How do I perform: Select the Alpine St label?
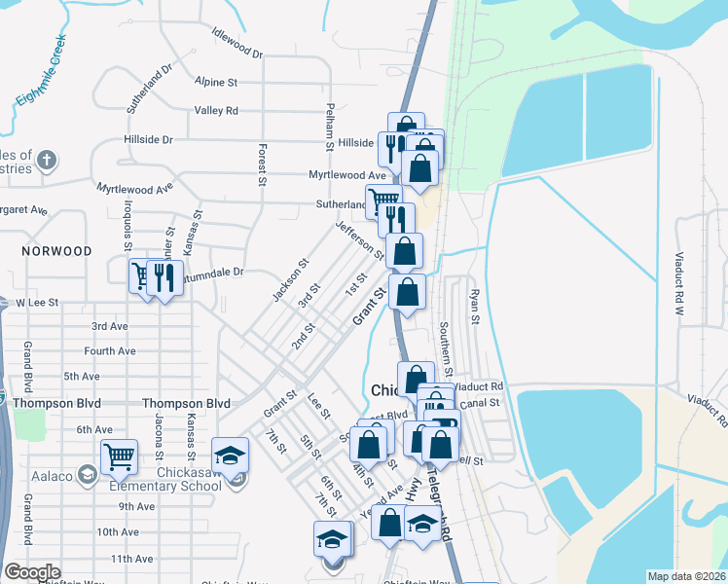click(216, 83)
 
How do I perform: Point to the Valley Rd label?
click(216, 111)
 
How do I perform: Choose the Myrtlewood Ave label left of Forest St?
click(134, 185)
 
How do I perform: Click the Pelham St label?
click(330, 126)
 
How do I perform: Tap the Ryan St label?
click(475, 306)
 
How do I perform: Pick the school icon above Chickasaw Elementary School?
click(230, 455)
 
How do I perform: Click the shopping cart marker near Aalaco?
click(118, 454)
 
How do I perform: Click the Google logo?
click(32, 572)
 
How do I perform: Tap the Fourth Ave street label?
click(110, 351)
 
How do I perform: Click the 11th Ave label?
click(131, 559)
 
